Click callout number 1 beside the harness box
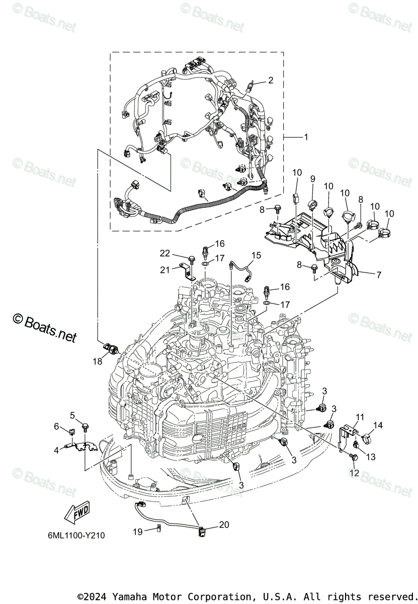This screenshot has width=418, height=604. point(306,137)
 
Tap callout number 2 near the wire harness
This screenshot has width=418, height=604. point(271,80)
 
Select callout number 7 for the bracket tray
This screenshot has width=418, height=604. point(379,275)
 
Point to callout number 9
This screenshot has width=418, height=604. point(313,179)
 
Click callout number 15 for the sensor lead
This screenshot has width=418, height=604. point(257,255)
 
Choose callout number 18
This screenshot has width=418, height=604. point(98,361)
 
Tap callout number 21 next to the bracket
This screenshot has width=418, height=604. point(164,269)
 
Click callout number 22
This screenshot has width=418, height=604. point(165,253)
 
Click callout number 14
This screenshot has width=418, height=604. point(378,425)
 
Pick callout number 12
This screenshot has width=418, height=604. point(355,473)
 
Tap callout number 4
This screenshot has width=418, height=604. point(56,450)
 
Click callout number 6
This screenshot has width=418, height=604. point(56,426)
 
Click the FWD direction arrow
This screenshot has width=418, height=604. point(76,512)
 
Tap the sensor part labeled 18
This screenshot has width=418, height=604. point(111,348)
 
